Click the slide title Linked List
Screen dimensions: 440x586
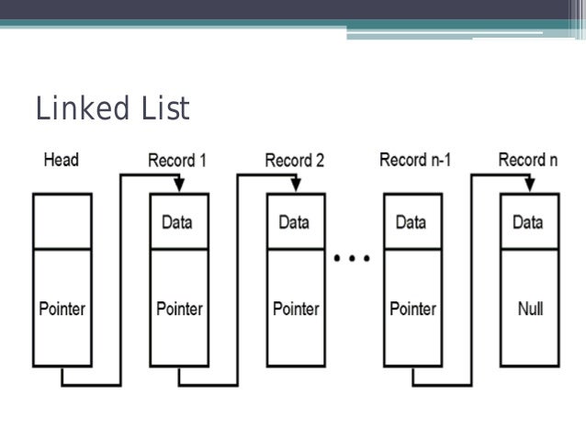point(112,109)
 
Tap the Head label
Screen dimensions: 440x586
point(62,161)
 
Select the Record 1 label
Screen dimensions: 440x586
point(177,161)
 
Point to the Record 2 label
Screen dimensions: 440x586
point(294,161)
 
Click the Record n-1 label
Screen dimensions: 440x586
point(415,161)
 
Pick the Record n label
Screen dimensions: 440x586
point(528,161)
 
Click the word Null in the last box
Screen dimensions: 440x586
point(528,308)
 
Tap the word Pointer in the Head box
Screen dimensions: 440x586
point(62,308)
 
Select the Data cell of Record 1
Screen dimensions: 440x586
point(179,221)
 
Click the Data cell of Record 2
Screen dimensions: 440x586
point(295,221)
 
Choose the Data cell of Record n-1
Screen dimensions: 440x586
point(411,221)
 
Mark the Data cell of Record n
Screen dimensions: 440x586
point(528,221)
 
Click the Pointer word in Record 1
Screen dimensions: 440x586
point(179,308)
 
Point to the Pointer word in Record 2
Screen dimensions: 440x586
point(295,308)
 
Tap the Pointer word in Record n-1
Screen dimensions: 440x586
point(411,308)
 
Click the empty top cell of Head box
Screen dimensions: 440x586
point(62,221)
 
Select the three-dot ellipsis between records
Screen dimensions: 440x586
point(353,259)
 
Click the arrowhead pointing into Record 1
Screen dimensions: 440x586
point(179,186)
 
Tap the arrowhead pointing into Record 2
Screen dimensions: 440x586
point(295,186)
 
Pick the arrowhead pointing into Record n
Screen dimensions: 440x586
point(528,186)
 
